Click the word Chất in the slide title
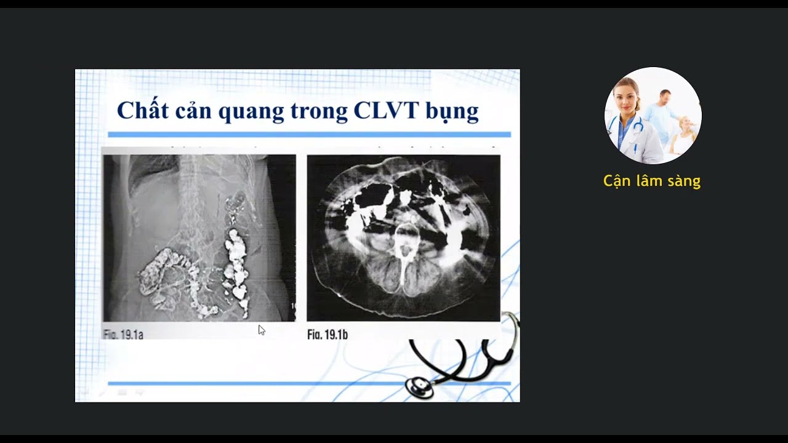(x=140, y=111)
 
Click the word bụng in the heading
(x=452, y=112)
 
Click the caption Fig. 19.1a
(x=123, y=335)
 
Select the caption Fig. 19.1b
(x=328, y=335)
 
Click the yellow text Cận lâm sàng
(x=652, y=181)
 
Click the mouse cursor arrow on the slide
(x=261, y=329)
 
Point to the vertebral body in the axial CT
(x=404, y=234)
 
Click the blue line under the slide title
(x=309, y=134)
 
